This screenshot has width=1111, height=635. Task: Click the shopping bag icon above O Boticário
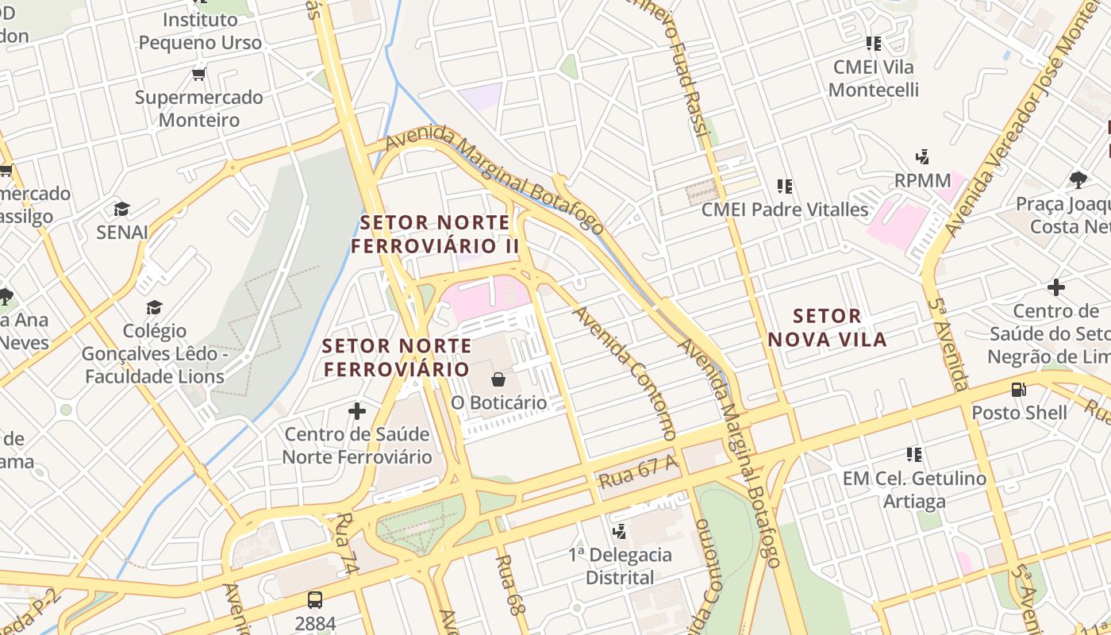pyautogui.click(x=498, y=379)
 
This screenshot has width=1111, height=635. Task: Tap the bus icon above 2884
pyautogui.click(x=315, y=600)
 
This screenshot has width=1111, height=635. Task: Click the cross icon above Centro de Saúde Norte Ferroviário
pyautogui.click(x=357, y=411)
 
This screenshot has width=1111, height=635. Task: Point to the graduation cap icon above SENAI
pyautogui.click(x=121, y=209)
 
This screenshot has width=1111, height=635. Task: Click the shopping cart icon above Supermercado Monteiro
pyautogui.click(x=198, y=75)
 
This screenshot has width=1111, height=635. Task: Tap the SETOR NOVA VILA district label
pyautogui.click(x=827, y=328)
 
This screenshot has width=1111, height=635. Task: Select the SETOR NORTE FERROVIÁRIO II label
pyautogui.click(x=435, y=234)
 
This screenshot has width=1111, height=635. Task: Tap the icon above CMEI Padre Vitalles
pyautogui.click(x=785, y=187)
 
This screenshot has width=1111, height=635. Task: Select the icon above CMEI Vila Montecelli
pyautogui.click(x=874, y=44)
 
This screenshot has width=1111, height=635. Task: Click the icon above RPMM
pyautogui.click(x=922, y=157)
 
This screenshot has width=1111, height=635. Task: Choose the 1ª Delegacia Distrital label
pyautogui.click(x=620, y=566)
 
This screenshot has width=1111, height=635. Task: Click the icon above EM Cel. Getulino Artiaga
pyautogui.click(x=914, y=455)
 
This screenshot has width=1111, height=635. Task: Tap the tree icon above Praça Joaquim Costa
pyautogui.click(x=1078, y=180)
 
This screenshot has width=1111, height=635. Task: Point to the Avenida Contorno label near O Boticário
pyautogui.click(x=625, y=373)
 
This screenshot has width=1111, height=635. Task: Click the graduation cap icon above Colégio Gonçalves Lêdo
pyautogui.click(x=154, y=307)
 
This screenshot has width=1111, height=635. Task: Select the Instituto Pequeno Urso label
pyautogui.click(x=200, y=31)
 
